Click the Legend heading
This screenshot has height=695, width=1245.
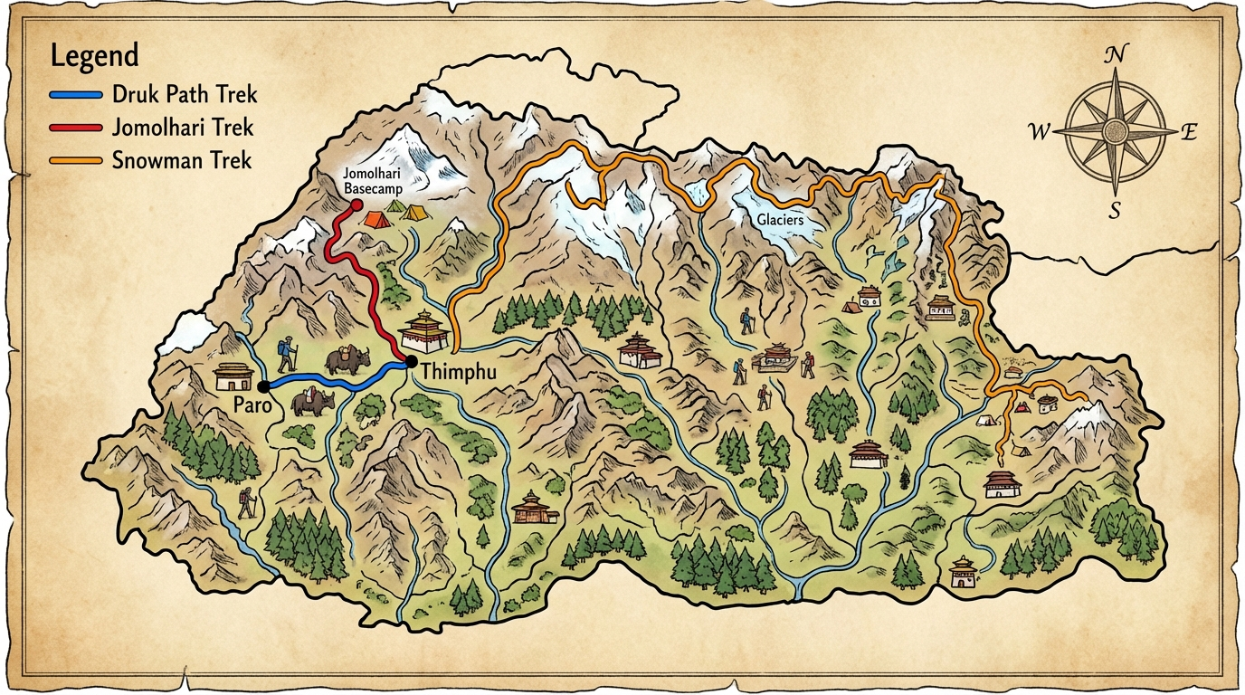coord(94,56)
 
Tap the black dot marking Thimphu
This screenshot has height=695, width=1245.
coord(412,363)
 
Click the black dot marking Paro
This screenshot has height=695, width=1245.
coord(263,387)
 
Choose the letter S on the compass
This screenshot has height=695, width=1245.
coord(1116,211)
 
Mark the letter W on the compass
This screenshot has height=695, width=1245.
coord(1039,133)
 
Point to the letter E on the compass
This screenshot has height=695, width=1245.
coord(1189,133)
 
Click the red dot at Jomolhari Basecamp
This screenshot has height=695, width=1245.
coord(356,205)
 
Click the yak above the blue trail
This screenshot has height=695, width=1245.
coord(346,360)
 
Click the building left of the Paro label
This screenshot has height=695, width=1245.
coord(233,376)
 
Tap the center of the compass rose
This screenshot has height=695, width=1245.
coord(1117,132)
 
